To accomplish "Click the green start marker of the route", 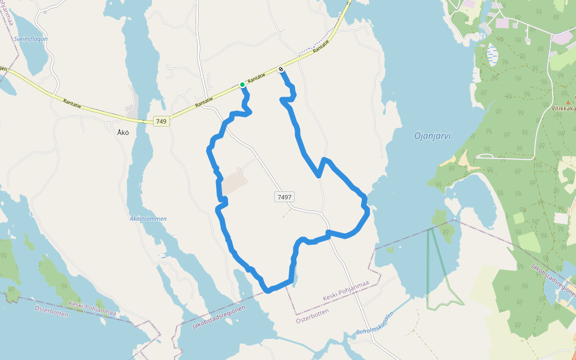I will click(242, 85).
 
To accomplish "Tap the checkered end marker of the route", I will click(281, 70).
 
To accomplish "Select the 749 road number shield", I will click(160, 121).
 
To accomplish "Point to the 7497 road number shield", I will click(285, 197).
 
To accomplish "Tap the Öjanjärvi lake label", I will click(432, 136).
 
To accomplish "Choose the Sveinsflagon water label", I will click(30, 39).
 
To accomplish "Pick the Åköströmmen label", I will click(148, 218).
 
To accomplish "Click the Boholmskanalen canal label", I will click(375, 324).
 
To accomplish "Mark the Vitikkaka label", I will click(563, 109).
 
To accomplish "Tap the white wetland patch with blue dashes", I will click(492, 54).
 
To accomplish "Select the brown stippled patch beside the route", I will click(235, 179).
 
